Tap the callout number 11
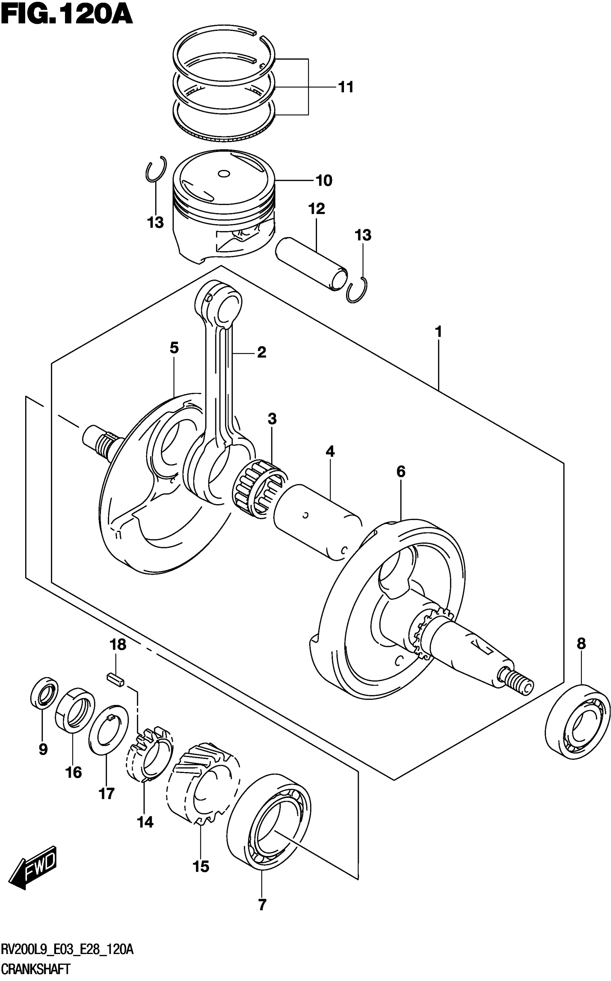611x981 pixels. pos(345,87)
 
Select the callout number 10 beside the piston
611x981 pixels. pos(324,181)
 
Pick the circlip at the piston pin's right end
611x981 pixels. pos(357,290)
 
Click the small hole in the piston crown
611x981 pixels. pos(223,174)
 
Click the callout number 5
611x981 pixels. pos(174,347)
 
